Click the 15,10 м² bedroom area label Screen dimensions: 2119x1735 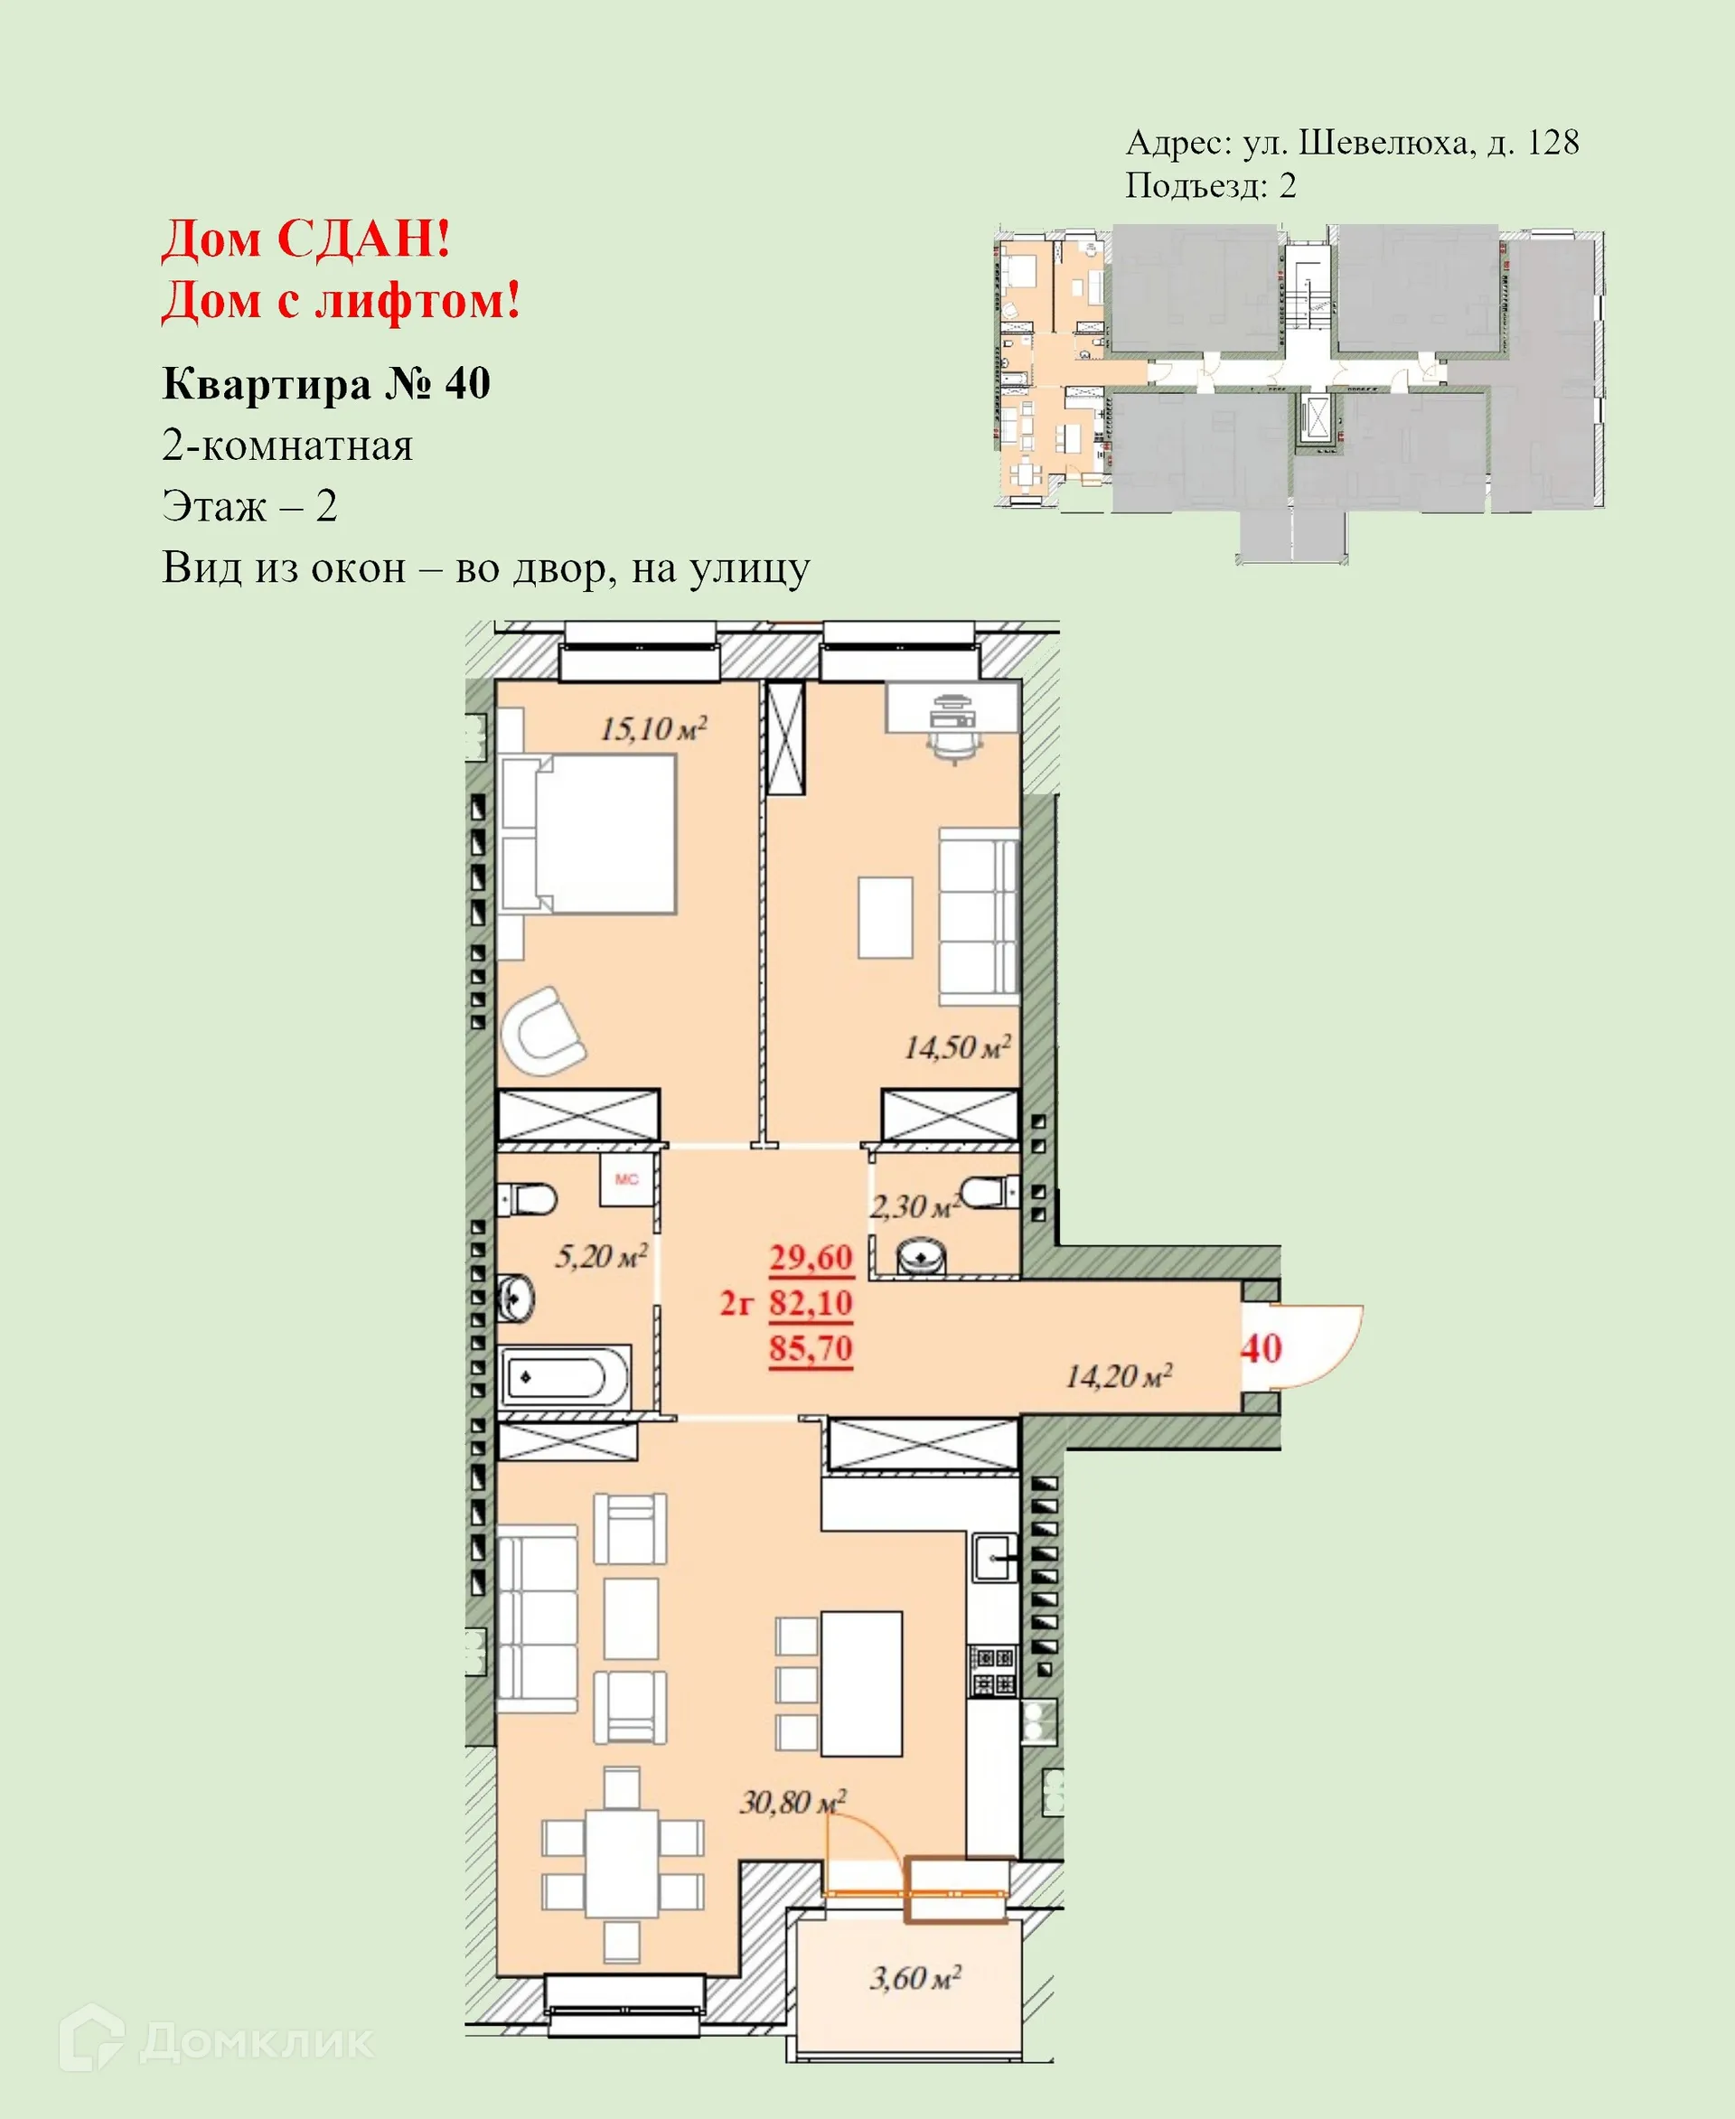[652, 728]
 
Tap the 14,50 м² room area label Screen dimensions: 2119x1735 [956, 1047]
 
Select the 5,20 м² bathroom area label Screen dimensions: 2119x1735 [601, 1256]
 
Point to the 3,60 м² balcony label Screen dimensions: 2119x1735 [914, 1978]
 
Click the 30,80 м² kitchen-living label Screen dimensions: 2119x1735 [792, 1802]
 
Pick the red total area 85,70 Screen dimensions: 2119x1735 [811, 1348]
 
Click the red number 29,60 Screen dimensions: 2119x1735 [811, 1258]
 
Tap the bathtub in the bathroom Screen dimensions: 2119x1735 [564, 1378]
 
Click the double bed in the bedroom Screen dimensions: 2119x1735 [590, 835]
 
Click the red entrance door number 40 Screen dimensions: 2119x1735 [1261, 1348]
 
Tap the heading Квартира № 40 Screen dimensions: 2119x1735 [326, 384]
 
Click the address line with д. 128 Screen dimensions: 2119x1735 [1351, 143]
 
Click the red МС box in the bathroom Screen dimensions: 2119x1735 [626, 1179]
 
